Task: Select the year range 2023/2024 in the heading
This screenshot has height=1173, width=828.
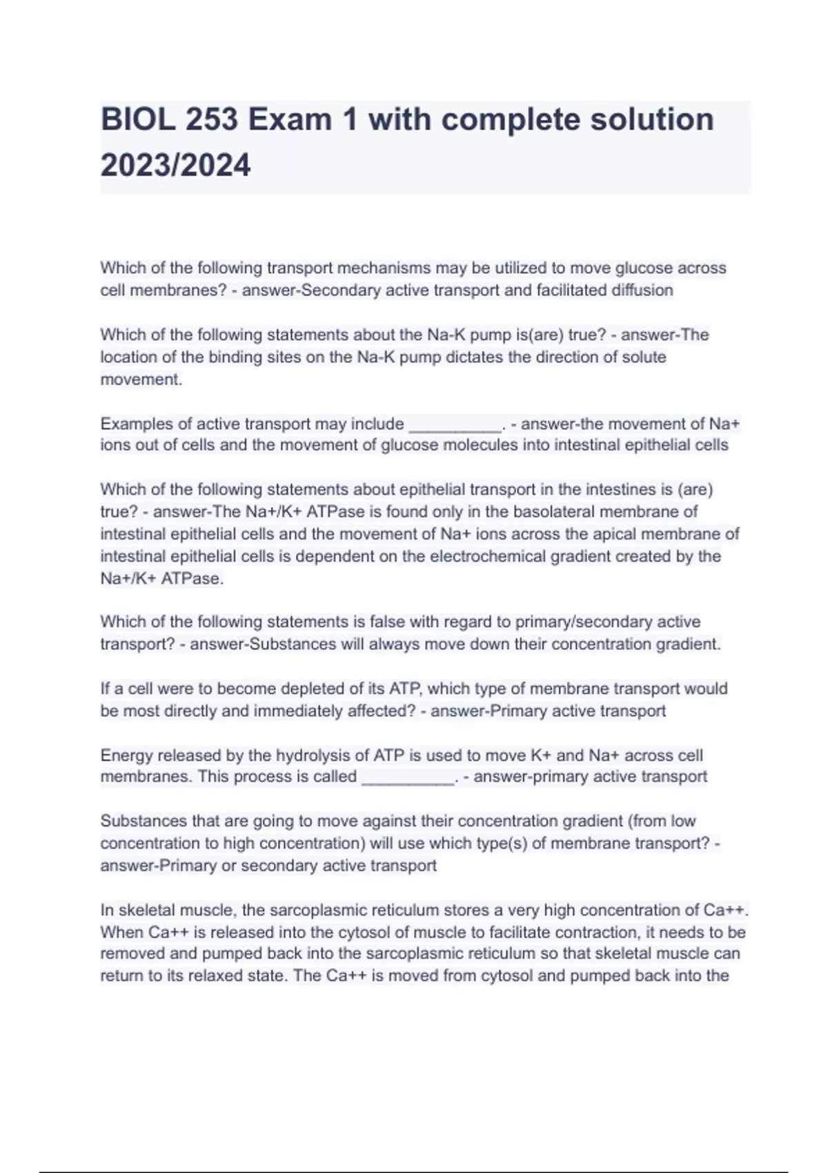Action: pyautogui.click(x=176, y=166)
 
